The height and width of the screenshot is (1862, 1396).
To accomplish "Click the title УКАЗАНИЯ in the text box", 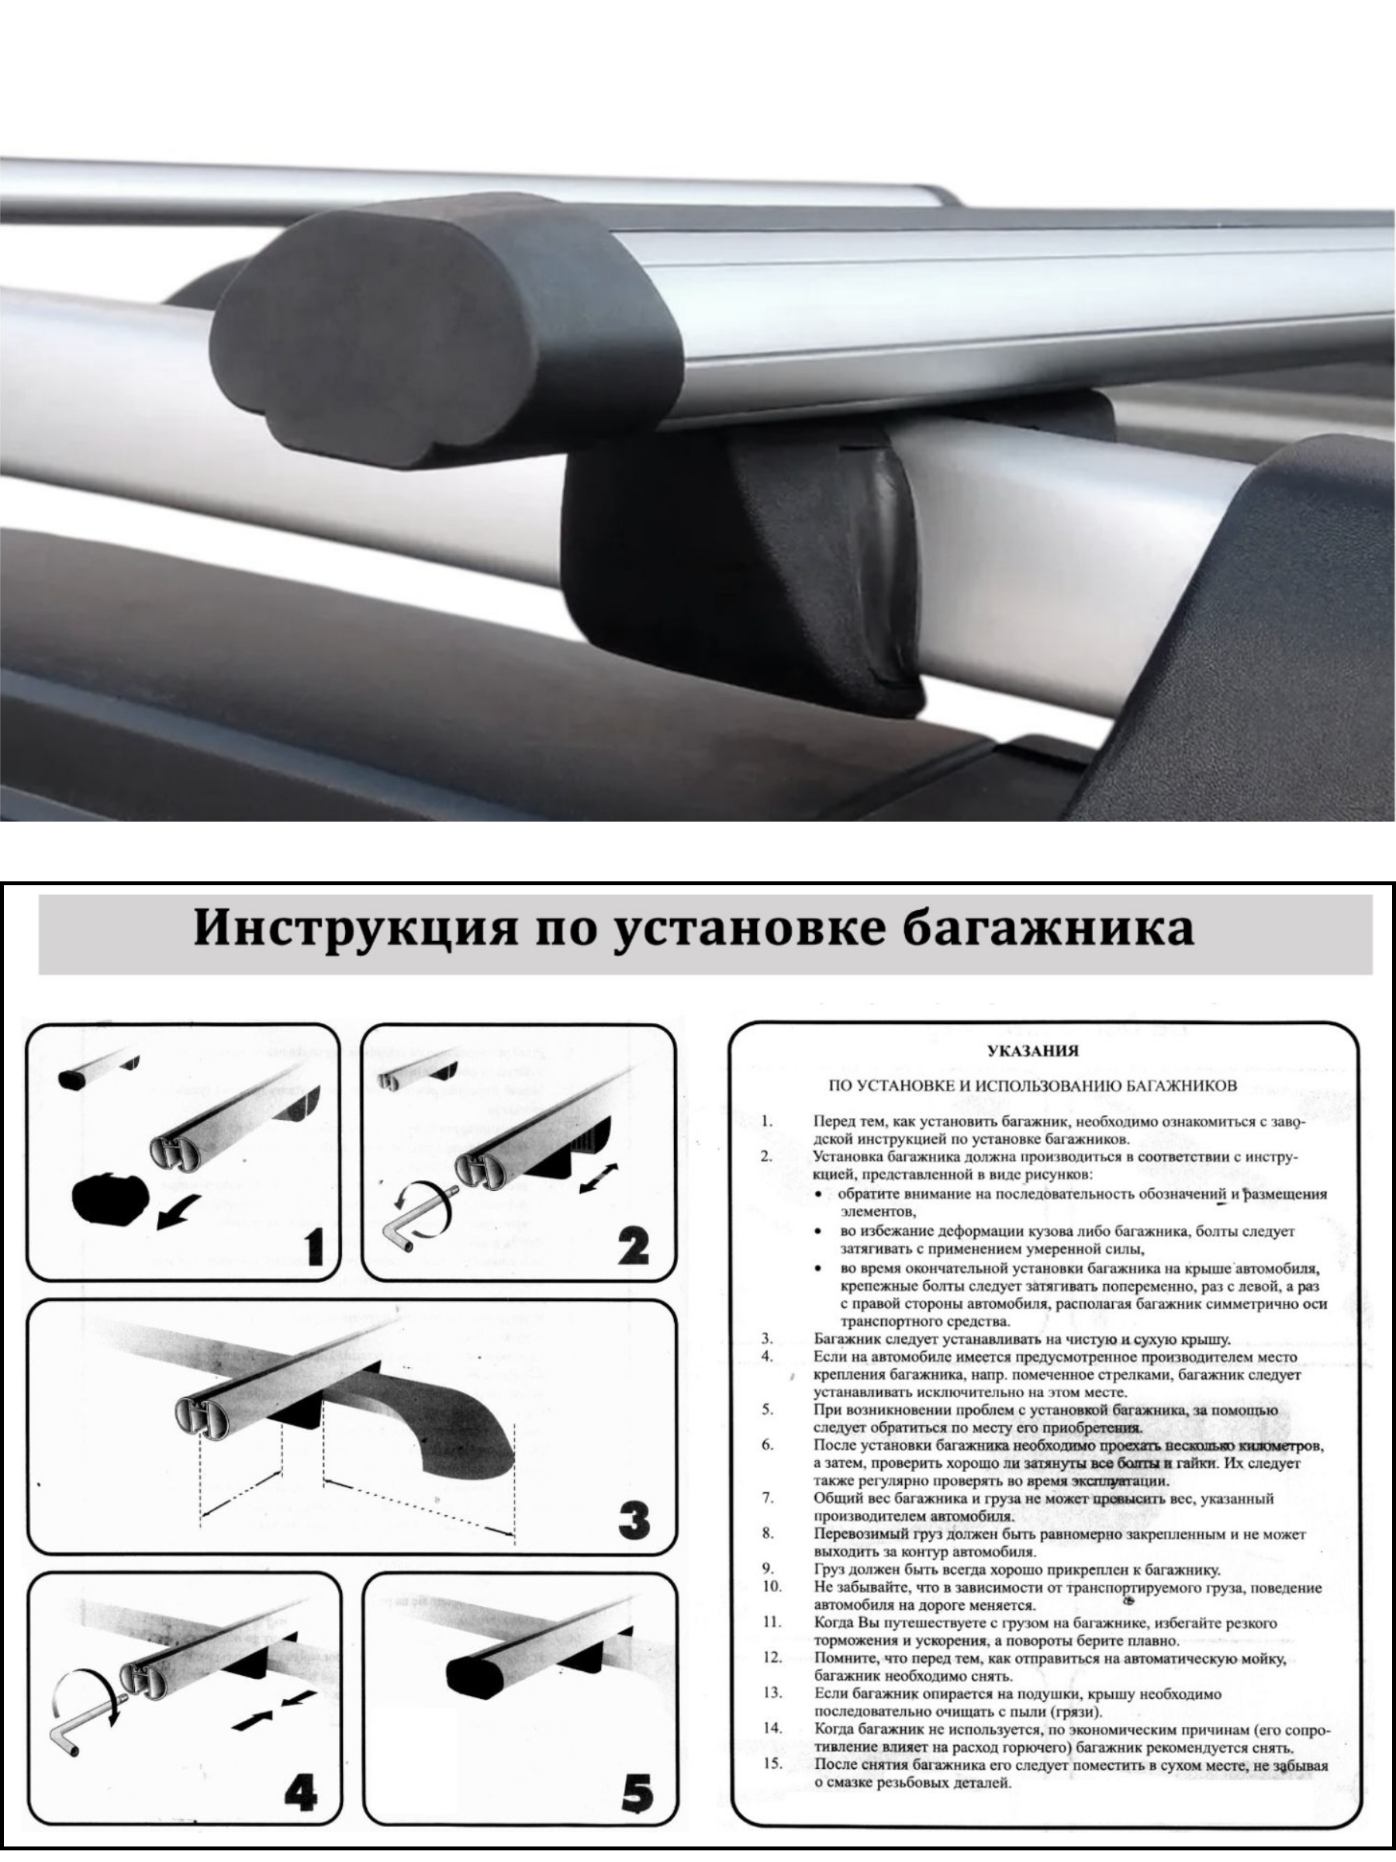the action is pos(1032,1050).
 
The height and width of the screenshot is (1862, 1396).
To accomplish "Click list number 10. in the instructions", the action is pos(773,1587).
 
